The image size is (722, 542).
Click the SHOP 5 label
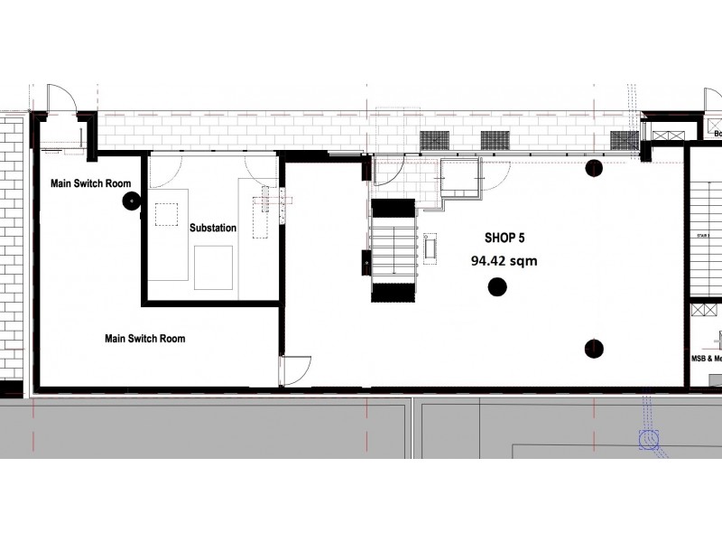[x=492, y=239]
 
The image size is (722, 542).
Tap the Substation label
[x=213, y=229]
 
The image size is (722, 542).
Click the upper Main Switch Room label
[x=90, y=183]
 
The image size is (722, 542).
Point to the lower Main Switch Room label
[x=145, y=339]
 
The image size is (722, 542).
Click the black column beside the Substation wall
[x=129, y=203]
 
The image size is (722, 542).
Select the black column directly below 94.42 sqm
[x=496, y=287]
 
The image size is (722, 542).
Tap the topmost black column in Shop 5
[x=594, y=167]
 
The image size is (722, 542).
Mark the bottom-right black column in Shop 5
[x=594, y=348]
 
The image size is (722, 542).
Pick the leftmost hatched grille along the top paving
[x=435, y=140]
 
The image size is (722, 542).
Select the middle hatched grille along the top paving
[x=495, y=140]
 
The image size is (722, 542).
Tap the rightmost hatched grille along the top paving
[x=625, y=140]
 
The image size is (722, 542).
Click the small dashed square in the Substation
[x=167, y=214]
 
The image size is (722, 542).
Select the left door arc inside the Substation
[x=166, y=172]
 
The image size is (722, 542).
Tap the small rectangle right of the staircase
[x=430, y=246]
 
